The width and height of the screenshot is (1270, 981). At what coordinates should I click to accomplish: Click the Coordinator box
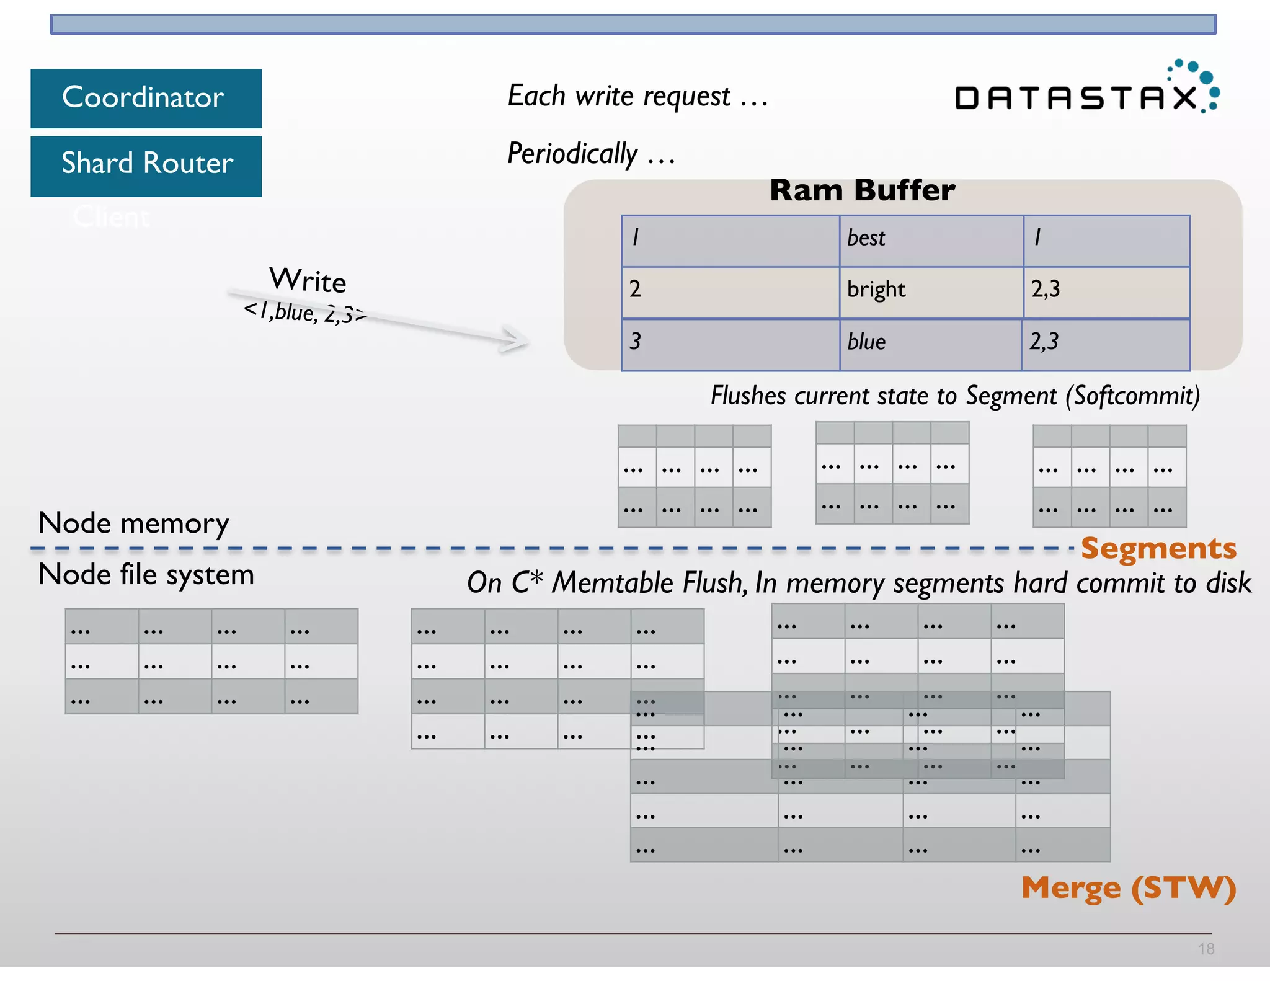tap(146, 98)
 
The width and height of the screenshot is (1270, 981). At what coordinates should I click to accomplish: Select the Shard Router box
tap(146, 164)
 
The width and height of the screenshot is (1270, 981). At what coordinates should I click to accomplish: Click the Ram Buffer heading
tap(862, 190)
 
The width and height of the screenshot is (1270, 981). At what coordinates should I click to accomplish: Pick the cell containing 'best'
tap(930, 239)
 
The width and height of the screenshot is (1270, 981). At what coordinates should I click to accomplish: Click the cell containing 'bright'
tap(930, 290)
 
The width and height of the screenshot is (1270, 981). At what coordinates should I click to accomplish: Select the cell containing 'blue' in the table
tap(930, 342)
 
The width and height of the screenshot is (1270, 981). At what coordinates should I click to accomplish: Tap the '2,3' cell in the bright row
tap(1106, 290)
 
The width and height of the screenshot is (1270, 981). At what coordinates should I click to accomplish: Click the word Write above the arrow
tap(308, 280)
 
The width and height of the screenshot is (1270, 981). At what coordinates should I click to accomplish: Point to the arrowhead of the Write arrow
tap(518, 339)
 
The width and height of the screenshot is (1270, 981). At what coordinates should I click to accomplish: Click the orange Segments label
tap(1158, 549)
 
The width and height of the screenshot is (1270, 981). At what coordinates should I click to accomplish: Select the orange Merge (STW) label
tap(1129, 888)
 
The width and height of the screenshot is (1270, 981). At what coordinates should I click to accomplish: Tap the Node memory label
tap(133, 523)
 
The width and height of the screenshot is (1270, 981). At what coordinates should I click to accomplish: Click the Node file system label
tap(146, 575)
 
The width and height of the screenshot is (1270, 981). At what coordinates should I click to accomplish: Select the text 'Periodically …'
tap(591, 154)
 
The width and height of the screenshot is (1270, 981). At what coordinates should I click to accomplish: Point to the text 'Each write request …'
tap(637, 96)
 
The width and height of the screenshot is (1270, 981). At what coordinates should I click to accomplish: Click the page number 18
tap(1206, 949)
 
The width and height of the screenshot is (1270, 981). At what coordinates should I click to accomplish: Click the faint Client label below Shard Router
tap(112, 217)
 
